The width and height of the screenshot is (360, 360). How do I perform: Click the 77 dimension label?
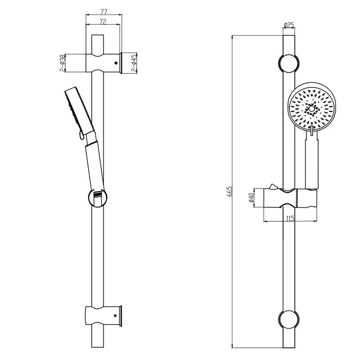coord(104,11)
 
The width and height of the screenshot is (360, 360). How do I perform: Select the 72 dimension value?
coord(103,22)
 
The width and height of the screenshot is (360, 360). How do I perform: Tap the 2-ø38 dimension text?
coord(62,63)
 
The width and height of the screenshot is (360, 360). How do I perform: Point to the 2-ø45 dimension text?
coord(134,63)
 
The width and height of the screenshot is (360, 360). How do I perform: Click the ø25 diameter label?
coord(289,25)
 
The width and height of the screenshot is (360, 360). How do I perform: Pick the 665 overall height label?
coord(229,191)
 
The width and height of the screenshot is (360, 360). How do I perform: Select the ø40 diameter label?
coord(251,198)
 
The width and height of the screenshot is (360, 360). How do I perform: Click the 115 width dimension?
coord(290,218)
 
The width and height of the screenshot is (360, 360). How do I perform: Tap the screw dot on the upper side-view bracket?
coord(116,63)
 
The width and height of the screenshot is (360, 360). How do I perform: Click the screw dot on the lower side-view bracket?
coord(116,315)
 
